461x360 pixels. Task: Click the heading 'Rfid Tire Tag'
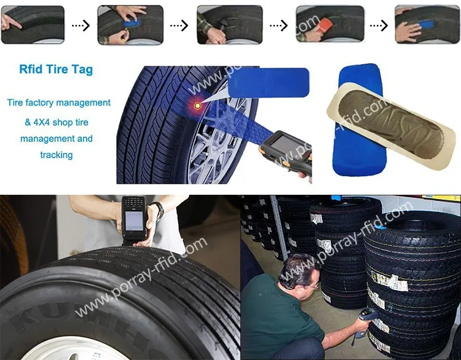tap(56, 69)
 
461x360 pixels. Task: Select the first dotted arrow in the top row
tap(81, 25)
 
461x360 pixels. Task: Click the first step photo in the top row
tap(33, 25)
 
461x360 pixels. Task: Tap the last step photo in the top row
tap(427, 25)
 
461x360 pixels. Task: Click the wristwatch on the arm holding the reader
tap(157, 211)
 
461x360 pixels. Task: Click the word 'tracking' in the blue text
tap(56, 155)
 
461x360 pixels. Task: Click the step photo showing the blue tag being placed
tap(130, 25)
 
